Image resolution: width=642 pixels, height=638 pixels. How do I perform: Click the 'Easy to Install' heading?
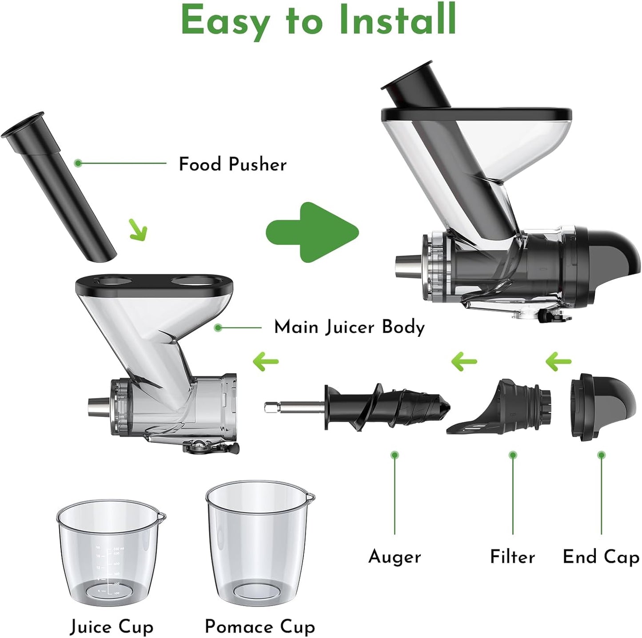tap(319, 21)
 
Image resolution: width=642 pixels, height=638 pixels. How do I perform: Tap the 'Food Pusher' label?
tap(232, 164)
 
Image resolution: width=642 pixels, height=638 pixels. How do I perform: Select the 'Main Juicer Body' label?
tap(349, 327)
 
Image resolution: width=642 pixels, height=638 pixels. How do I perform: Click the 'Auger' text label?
tap(395, 557)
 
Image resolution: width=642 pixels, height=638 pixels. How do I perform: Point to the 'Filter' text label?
tap(512, 557)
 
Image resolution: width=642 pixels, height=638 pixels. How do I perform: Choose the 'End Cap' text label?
tap(601, 557)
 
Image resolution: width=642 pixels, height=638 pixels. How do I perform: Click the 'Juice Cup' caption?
tap(112, 627)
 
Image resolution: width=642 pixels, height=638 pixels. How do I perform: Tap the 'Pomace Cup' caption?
tap(260, 627)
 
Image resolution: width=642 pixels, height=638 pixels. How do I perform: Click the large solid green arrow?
tap(311, 231)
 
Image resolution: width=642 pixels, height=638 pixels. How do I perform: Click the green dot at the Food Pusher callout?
tap(78, 163)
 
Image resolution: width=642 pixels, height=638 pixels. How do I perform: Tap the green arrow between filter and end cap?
tap(558, 362)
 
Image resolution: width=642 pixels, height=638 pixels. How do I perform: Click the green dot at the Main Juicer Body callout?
tap(218, 328)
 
